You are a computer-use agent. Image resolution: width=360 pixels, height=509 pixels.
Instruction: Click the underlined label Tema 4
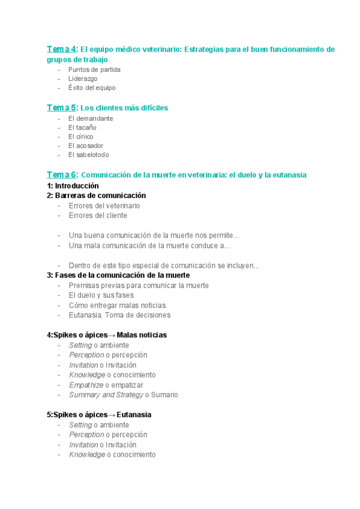coord(62,49)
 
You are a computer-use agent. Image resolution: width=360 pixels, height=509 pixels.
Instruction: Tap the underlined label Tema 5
coord(62,108)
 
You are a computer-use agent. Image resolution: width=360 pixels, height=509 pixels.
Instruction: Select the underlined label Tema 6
coord(62,175)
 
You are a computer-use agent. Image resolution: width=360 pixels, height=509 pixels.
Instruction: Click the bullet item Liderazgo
coord(83,79)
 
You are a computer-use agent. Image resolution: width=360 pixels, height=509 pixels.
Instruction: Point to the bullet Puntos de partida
coord(94,70)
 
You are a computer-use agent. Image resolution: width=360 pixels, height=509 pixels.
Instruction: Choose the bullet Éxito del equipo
coord(92,88)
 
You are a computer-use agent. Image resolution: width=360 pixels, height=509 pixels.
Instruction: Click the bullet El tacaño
coord(82,127)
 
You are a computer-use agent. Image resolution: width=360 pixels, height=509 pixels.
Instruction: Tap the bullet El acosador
coord(86,145)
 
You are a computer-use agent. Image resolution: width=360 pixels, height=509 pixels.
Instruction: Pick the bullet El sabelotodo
coord(89,155)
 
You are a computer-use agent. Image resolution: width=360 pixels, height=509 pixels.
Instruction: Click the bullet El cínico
coord(81,136)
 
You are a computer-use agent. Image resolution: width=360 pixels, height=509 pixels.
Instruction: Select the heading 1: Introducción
coord(73,186)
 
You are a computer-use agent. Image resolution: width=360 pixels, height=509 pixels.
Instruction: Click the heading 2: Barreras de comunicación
coord(96,196)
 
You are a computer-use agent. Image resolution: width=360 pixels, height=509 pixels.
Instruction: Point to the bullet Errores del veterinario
coord(104,206)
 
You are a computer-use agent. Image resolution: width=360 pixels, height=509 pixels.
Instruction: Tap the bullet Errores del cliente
coord(98,215)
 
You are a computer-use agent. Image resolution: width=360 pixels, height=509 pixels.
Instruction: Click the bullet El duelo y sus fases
coord(101,295)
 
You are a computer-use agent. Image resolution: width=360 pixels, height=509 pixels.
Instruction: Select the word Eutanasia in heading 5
coord(134,415)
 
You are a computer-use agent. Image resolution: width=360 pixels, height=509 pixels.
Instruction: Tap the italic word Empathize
coord(86,385)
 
